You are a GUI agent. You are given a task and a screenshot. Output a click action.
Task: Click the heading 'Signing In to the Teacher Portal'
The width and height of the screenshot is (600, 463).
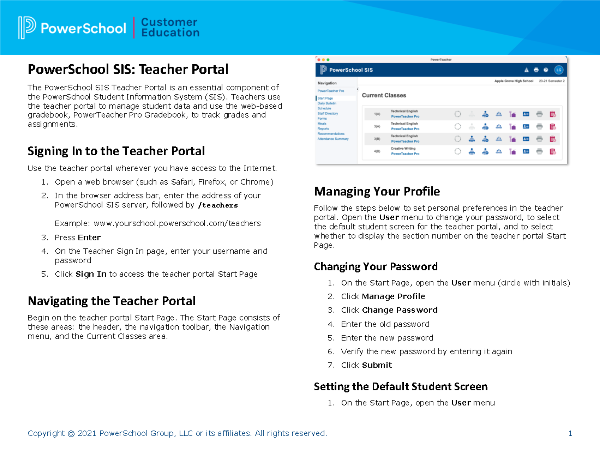[116, 151]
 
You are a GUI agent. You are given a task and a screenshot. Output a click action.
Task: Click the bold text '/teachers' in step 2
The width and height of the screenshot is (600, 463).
[218, 205]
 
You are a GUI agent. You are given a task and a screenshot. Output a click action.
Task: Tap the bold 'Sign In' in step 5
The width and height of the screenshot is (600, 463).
[91, 274]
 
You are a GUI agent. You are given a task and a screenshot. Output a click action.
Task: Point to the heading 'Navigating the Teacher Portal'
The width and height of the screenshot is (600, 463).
[111, 301]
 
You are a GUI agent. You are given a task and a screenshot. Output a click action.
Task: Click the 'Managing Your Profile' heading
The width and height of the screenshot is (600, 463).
[377, 191]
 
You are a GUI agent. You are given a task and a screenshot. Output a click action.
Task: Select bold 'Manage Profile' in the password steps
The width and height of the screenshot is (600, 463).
[393, 296]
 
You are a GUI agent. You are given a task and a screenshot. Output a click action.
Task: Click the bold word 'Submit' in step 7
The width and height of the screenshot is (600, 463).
[377, 365]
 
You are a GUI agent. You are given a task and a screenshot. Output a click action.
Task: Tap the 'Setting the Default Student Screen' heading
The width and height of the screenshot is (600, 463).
[400, 386]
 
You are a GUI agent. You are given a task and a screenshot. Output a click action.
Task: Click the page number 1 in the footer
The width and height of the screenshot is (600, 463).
[570, 433]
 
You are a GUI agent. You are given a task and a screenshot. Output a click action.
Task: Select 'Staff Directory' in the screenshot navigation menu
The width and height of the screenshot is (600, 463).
[328, 114]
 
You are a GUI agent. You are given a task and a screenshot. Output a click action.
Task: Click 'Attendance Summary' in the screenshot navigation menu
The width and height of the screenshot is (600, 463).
[333, 139]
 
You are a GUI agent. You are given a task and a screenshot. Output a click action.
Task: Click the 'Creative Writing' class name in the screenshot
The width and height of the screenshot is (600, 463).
[404, 149]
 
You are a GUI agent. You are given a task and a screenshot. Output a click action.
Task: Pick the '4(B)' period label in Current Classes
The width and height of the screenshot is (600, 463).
[377, 151]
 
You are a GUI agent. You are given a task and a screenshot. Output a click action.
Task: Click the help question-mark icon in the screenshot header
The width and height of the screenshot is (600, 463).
[546, 70]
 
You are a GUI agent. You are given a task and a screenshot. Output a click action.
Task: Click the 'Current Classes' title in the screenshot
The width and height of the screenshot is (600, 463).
[384, 95]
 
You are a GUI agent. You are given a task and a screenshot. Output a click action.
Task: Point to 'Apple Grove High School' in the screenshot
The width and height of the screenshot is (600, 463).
[514, 81]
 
